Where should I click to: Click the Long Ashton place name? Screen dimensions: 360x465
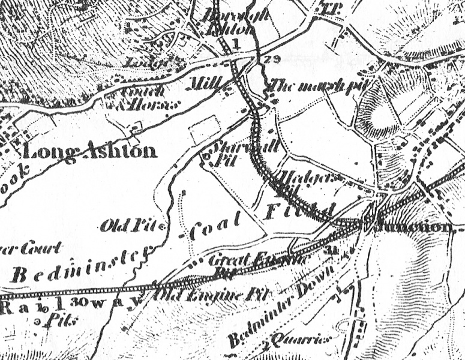91,151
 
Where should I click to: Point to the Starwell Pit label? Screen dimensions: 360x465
226,152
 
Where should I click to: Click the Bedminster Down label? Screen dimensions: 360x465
282,318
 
